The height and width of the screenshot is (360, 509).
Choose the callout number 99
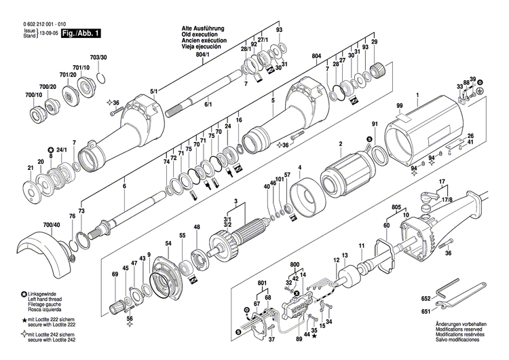click(400, 103)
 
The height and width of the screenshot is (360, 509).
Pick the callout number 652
click(426, 298)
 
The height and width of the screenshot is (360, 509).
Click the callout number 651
click(426, 312)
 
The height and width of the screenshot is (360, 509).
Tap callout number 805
click(396, 206)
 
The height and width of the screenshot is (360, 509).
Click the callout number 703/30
click(98, 60)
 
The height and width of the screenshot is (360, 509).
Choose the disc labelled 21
click(31, 187)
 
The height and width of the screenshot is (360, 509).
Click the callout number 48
click(197, 227)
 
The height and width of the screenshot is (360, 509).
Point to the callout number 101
click(279, 179)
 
